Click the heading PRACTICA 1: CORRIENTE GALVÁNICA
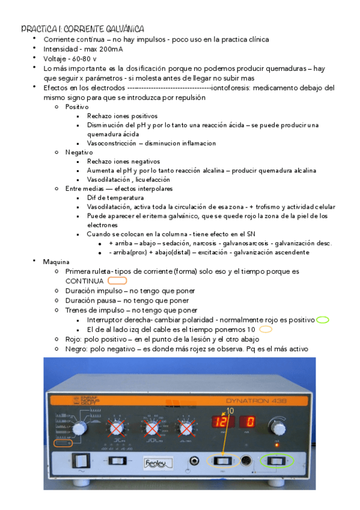(x=82, y=29)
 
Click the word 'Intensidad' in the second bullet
(x=60, y=49)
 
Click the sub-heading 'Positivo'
(x=77, y=106)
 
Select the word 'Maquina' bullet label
(x=56, y=262)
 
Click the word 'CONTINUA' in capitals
(x=85, y=281)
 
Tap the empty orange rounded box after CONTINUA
(x=117, y=280)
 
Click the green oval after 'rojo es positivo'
(x=322, y=320)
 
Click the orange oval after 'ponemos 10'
(x=265, y=330)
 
